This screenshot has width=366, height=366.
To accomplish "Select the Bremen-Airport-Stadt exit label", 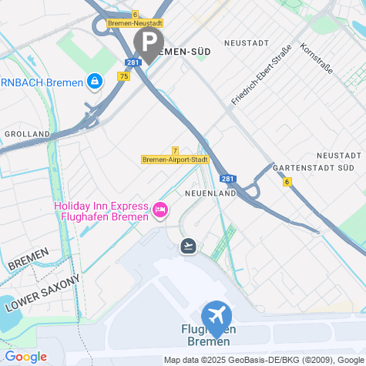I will (176, 159).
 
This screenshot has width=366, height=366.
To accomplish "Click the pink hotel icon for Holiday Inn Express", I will (161, 209).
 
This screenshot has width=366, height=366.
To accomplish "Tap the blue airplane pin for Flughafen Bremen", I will (217, 316).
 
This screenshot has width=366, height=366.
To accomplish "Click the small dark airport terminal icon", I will (187, 246).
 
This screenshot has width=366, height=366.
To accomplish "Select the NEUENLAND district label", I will (210, 193).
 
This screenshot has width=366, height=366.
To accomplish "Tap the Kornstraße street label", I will (316, 59).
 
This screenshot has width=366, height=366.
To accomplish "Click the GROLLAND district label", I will (27, 133).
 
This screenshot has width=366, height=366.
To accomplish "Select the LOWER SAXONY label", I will (42, 293).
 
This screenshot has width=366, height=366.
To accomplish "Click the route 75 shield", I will (124, 76).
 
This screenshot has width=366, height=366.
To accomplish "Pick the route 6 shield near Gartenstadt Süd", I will (287, 182).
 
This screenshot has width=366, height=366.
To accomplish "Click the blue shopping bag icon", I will (94, 80).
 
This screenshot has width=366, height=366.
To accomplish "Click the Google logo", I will (25, 357).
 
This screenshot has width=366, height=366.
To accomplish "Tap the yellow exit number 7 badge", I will (176, 150).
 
